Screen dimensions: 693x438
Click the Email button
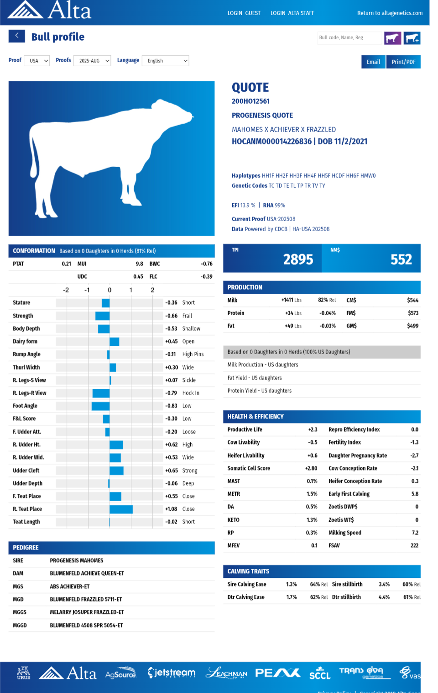tap(373, 62)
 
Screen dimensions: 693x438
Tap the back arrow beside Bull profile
tap(16, 36)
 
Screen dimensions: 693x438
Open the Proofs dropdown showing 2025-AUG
tap(92, 61)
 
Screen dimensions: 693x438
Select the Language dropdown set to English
tap(165, 61)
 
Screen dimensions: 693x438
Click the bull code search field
tap(349, 38)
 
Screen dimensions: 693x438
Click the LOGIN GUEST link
tap(244, 13)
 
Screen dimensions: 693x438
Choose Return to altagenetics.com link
tap(390, 13)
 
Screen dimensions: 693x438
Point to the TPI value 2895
tap(298, 259)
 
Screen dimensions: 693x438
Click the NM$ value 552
tap(401, 259)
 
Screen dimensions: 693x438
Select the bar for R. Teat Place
tap(121, 509)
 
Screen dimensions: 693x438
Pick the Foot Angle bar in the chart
tap(100, 406)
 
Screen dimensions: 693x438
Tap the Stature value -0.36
tap(171, 302)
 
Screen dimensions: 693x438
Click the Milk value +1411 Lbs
tap(291, 300)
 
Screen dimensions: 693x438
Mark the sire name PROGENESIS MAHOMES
tap(77, 561)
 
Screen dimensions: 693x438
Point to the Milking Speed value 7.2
tap(415, 533)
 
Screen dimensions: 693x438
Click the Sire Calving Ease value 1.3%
tap(291, 584)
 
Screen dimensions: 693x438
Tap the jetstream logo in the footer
tap(172, 672)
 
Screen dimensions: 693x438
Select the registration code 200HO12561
tap(250, 101)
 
